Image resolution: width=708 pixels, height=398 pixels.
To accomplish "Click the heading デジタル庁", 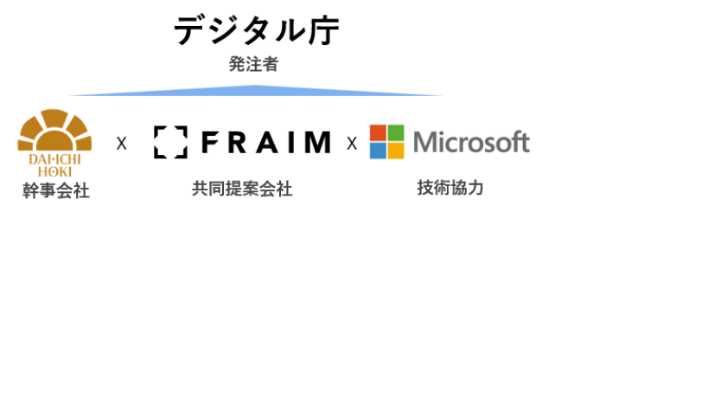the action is [x=256, y=30].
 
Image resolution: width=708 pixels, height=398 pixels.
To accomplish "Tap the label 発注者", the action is [x=253, y=64].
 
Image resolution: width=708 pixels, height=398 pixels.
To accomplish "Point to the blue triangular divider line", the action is [x=256, y=91].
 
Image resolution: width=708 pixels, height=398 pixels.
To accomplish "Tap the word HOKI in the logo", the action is [x=54, y=170].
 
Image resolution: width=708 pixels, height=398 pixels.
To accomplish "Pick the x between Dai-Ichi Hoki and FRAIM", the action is [x=121, y=144].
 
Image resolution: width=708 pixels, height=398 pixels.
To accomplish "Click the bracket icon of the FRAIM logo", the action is [x=169, y=142].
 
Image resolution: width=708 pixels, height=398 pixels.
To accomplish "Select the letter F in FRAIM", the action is [x=208, y=142].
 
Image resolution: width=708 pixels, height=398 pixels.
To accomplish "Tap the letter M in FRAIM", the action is [x=316, y=142].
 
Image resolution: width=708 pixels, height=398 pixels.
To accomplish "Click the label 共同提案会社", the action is [x=242, y=189].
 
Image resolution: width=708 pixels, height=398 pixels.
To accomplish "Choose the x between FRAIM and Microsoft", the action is [x=352, y=144].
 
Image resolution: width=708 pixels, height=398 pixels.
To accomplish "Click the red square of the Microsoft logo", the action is [x=378, y=132].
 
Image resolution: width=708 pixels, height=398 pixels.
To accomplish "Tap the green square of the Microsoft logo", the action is [x=396, y=132].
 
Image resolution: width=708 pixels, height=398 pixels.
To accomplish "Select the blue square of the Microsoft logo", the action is [x=378, y=151].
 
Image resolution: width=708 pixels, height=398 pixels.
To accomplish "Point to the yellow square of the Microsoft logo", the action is [x=396, y=151].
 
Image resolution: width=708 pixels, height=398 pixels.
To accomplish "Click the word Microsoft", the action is [x=471, y=142].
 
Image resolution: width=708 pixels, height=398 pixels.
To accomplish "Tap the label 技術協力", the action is [x=450, y=188].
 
